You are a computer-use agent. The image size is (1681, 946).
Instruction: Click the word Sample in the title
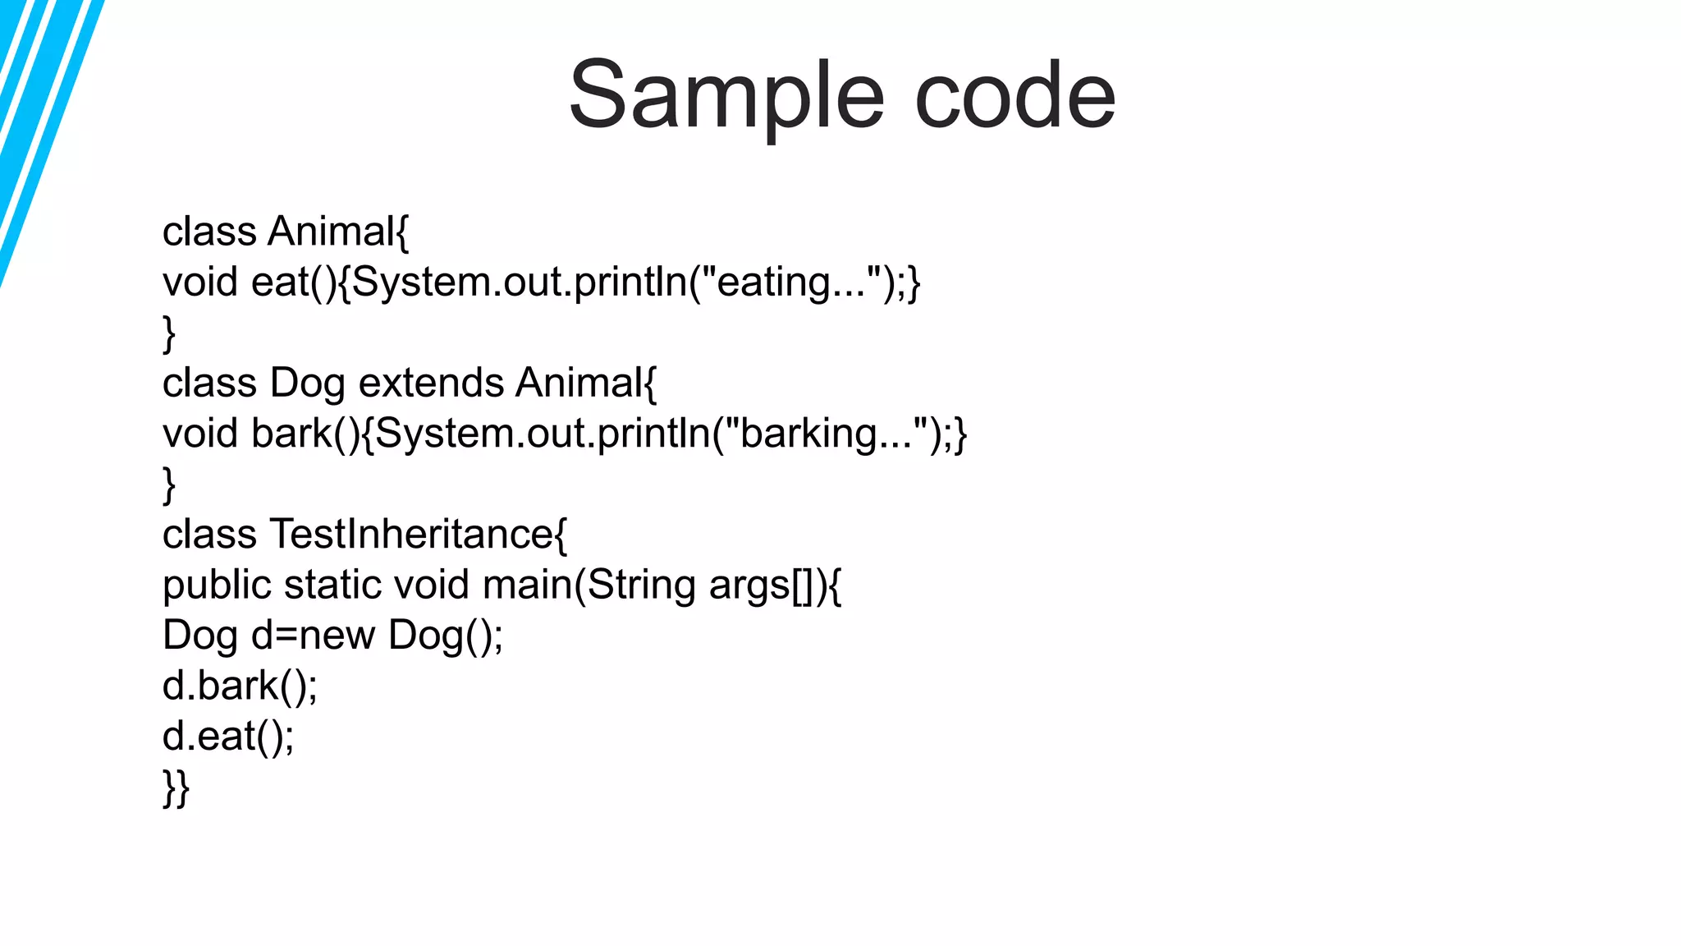pyautogui.click(x=726, y=96)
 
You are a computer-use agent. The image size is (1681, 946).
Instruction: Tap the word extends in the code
pyautogui.click(x=431, y=383)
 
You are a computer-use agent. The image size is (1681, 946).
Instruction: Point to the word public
pyautogui.click(x=217, y=586)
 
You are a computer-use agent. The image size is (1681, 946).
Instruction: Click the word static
pyautogui.click(x=333, y=585)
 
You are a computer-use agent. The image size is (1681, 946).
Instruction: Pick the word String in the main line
pyautogui.click(x=641, y=586)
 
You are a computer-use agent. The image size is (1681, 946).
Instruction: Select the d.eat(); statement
pyautogui.click(x=228, y=736)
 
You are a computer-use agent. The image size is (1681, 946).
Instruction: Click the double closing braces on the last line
pyautogui.click(x=176, y=788)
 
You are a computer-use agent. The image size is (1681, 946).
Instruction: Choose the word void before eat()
pyautogui.click(x=199, y=282)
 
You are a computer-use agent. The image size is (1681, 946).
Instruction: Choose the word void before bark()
pyautogui.click(x=199, y=434)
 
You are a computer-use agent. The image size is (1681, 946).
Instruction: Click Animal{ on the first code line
pyautogui.click(x=337, y=232)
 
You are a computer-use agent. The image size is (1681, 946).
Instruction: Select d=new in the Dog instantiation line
pyautogui.click(x=313, y=636)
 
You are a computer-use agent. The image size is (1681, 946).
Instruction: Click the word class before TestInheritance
pyautogui.click(x=209, y=535)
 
